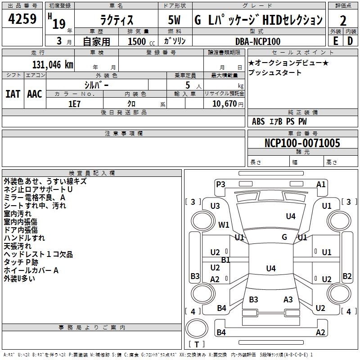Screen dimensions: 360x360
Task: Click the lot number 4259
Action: (22, 19)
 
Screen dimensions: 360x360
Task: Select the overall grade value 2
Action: (343, 21)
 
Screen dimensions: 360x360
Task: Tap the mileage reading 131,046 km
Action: (53, 65)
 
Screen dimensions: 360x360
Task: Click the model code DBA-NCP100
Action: (258, 41)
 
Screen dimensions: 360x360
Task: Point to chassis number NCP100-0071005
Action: (302, 143)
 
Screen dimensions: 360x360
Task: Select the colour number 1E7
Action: (74, 104)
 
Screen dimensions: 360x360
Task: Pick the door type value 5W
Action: (174, 20)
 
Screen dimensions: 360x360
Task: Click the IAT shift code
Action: (13, 94)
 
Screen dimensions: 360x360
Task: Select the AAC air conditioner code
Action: (35, 94)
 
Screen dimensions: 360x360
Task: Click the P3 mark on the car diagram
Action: (220, 184)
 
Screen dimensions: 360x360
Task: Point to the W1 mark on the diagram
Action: (224, 225)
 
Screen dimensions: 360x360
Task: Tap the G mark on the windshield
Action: (284, 237)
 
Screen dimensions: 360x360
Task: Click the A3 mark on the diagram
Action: (288, 300)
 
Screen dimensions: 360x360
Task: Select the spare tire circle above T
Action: (197, 328)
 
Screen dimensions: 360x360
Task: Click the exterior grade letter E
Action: (335, 41)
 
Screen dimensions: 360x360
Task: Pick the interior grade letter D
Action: (350, 41)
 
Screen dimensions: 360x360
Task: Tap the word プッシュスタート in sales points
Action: (275, 72)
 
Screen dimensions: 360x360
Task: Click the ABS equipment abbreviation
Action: (258, 121)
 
